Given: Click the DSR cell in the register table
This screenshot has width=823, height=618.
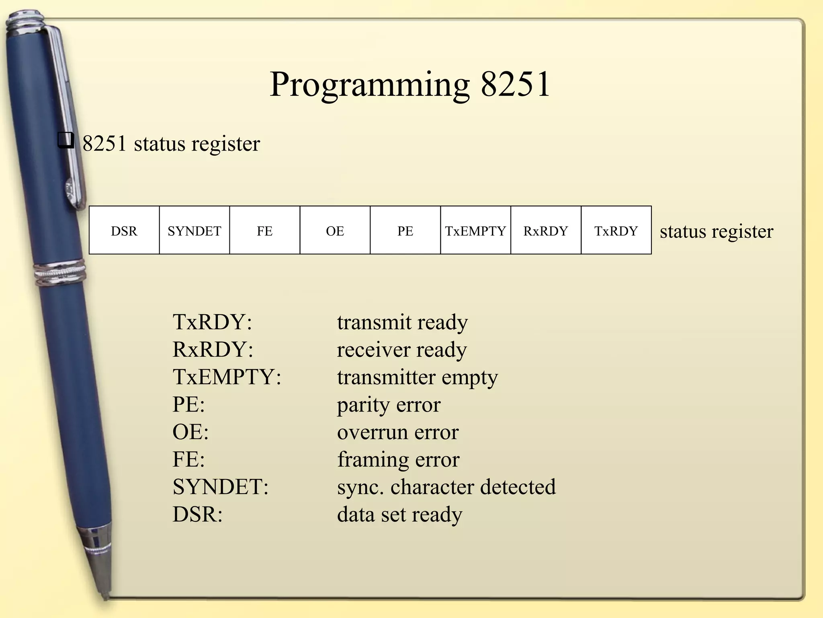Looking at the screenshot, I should [x=124, y=231].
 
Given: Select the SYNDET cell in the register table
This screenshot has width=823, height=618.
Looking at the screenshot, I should [x=194, y=231].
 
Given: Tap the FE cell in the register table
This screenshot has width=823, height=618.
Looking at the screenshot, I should [x=265, y=231].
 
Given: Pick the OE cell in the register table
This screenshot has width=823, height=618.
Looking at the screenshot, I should [x=335, y=231].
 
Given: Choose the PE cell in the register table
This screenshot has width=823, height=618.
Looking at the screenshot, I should [x=405, y=231].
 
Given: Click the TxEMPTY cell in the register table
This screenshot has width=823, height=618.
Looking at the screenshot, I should [x=475, y=231].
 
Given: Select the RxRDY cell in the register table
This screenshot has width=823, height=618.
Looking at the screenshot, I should [x=546, y=231].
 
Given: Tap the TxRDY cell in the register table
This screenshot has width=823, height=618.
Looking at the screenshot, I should [x=616, y=231].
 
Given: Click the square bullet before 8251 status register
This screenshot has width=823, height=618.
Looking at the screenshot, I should [x=66, y=141].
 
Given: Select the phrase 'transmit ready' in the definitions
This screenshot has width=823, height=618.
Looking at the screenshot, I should [x=402, y=323].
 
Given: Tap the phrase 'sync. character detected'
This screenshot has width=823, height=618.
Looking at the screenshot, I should [x=446, y=487].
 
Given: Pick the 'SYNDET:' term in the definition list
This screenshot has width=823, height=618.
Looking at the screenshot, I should [x=220, y=487].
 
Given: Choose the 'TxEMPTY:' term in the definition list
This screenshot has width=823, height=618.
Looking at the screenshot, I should [x=227, y=377].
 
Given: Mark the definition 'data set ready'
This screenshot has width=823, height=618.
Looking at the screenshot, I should [x=399, y=515].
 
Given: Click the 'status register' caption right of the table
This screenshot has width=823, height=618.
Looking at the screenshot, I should [x=716, y=231].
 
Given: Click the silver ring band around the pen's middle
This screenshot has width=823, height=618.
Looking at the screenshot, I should [x=60, y=273].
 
